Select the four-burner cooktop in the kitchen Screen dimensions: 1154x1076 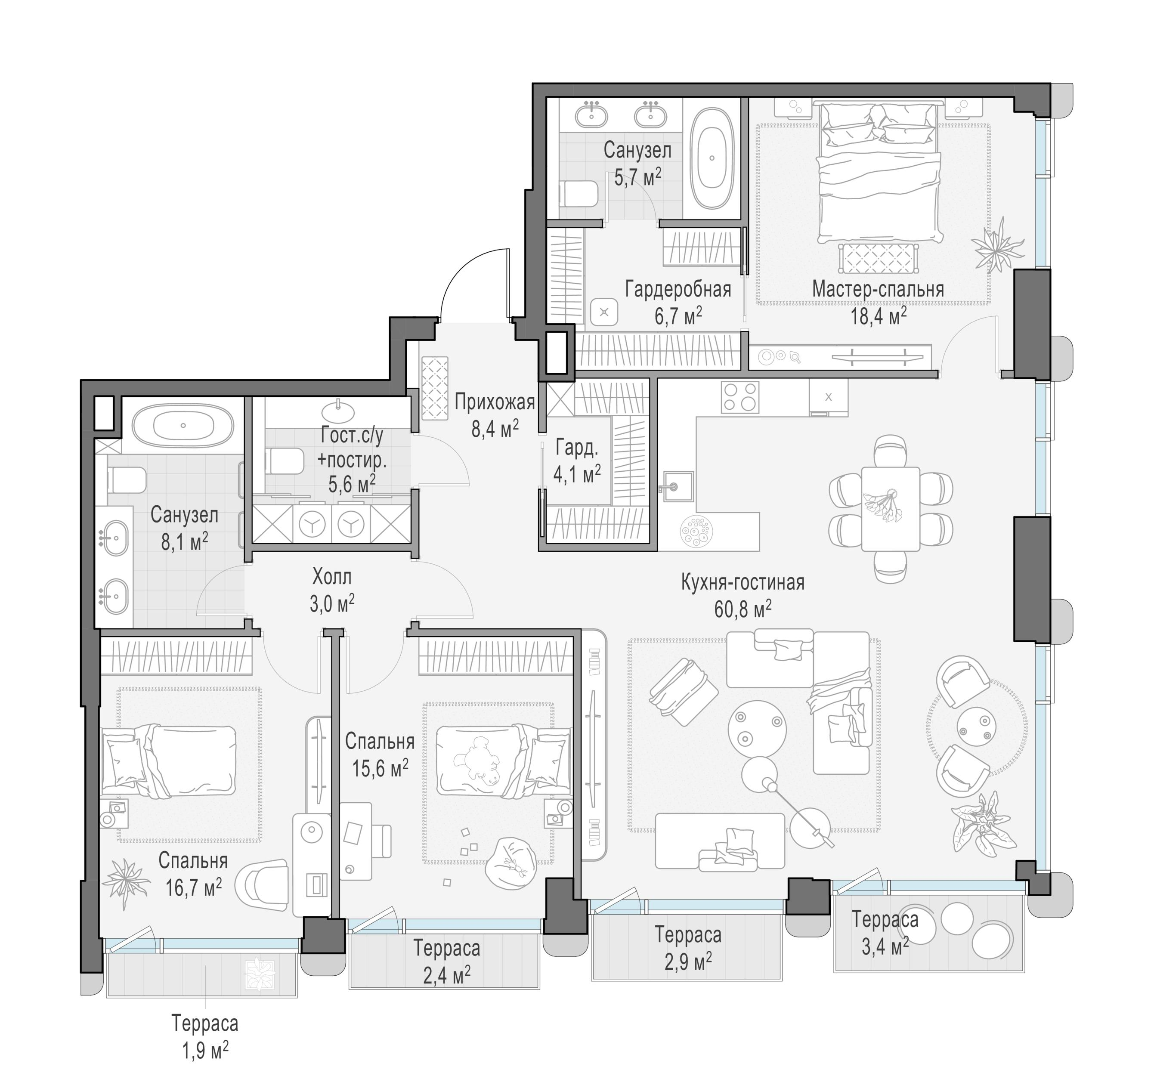740,397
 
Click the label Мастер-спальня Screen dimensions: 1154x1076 878,289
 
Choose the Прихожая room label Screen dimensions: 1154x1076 495,402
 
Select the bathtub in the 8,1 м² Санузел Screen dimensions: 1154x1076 183,425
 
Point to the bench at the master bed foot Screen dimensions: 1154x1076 879,258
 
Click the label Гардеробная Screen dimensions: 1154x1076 678,290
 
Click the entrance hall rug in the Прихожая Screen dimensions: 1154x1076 435,388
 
